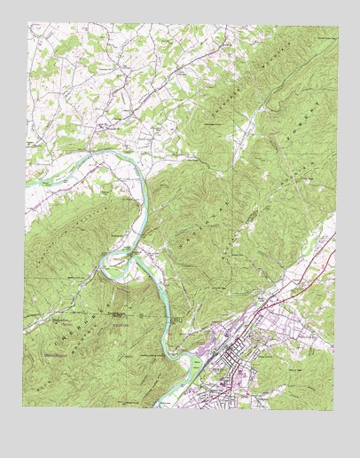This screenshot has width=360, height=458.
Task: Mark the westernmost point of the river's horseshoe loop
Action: coord(103,263)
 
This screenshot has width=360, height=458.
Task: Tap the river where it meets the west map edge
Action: coord(27,181)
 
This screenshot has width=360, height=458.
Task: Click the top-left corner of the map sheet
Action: coord(27,22)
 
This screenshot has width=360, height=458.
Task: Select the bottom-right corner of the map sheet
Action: coord(336,410)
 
